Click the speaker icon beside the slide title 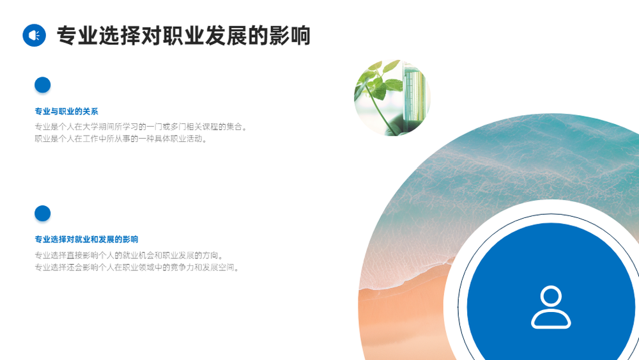[x=35, y=35]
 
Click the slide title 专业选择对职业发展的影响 [x=184, y=35]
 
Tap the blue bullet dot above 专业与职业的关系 [x=42, y=85]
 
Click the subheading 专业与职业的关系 [x=66, y=111]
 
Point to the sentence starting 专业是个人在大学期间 [x=141, y=127]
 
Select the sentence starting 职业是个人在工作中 [x=121, y=139]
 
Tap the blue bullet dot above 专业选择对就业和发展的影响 [x=42, y=213]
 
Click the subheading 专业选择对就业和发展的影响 [x=86, y=239]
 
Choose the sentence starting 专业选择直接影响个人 [x=129, y=255]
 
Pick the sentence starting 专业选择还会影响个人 [x=137, y=267]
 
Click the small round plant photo [x=392, y=98]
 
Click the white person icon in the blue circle [x=551, y=307]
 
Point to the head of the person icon [x=551, y=295]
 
